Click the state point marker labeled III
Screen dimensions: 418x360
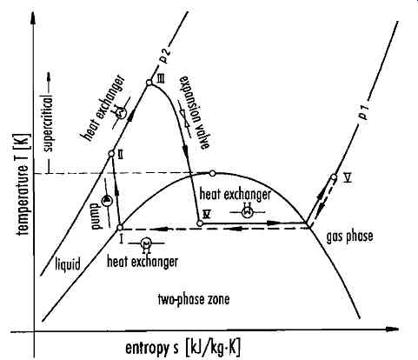(x=149, y=83)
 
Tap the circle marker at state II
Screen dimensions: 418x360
(x=111, y=154)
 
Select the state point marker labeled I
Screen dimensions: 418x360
(x=120, y=227)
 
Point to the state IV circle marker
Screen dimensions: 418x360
(x=199, y=223)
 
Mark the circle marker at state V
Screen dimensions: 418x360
(x=334, y=177)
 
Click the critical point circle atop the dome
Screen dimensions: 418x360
(x=212, y=173)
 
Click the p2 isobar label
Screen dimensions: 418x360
(x=165, y=56)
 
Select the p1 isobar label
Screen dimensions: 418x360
(x=363, y=113)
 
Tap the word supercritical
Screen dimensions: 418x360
(x=50, y=124)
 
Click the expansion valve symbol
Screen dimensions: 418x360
(x=185, y=118)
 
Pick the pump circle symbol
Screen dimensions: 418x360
(x=107, y=201)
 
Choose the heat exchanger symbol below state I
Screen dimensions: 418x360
(x=146, y=243)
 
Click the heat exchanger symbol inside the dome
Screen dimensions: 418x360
(x=247, y=212)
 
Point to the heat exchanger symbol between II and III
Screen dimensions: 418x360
(x=121, y=112)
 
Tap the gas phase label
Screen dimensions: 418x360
(x=349, y=237)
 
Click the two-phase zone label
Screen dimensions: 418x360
(x=194, y=299)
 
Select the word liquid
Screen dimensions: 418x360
(x=68, y=263)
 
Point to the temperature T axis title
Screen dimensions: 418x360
(x=23, y=184)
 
